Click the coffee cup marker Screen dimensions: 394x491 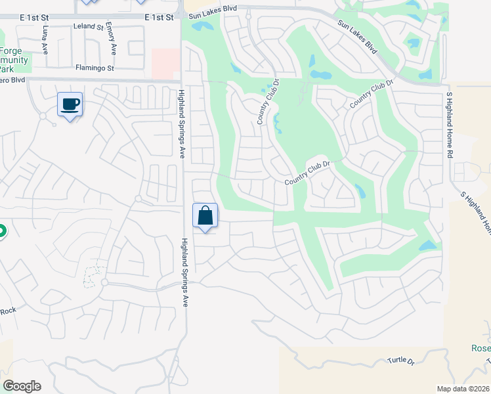click(x=70, y=104)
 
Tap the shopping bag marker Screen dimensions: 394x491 click(x=205, y=215)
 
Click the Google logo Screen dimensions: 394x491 click(x=22, y=385)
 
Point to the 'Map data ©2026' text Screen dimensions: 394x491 click(x=463, y=388)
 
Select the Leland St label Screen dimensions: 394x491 click(x=89, y=27)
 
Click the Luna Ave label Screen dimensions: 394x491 click(x=45, y=39)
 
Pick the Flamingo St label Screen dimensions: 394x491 click(x=95, y=67)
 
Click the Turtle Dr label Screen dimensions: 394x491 click(x=401, y=361)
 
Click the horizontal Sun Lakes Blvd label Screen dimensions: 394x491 click(x=212, y=15)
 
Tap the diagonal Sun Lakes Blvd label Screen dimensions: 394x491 click(x=358, y=37)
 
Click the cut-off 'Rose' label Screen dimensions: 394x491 click(x=480, y=348)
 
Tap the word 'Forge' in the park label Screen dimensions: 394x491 click(x=11, y=53)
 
